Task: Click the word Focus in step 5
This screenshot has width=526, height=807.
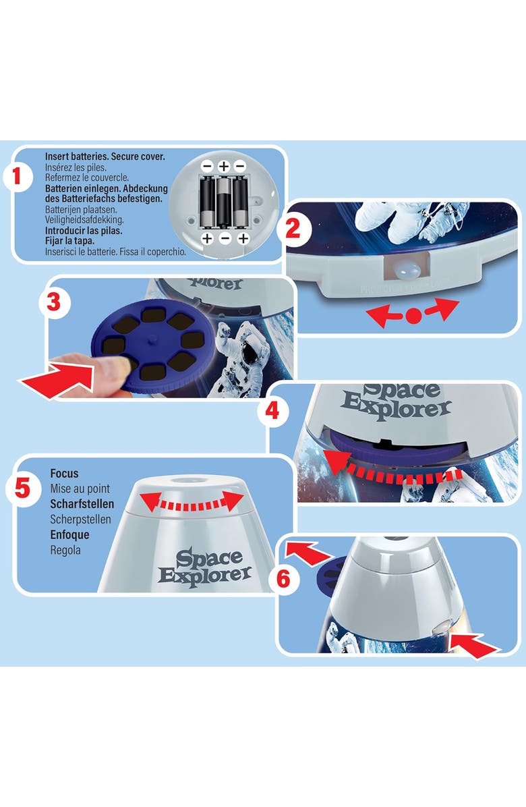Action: point(64,474)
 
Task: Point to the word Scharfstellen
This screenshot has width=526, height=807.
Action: point(82,504)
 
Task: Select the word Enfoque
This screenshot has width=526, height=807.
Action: point(69,535)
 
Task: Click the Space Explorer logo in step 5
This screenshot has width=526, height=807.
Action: point(204,567)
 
